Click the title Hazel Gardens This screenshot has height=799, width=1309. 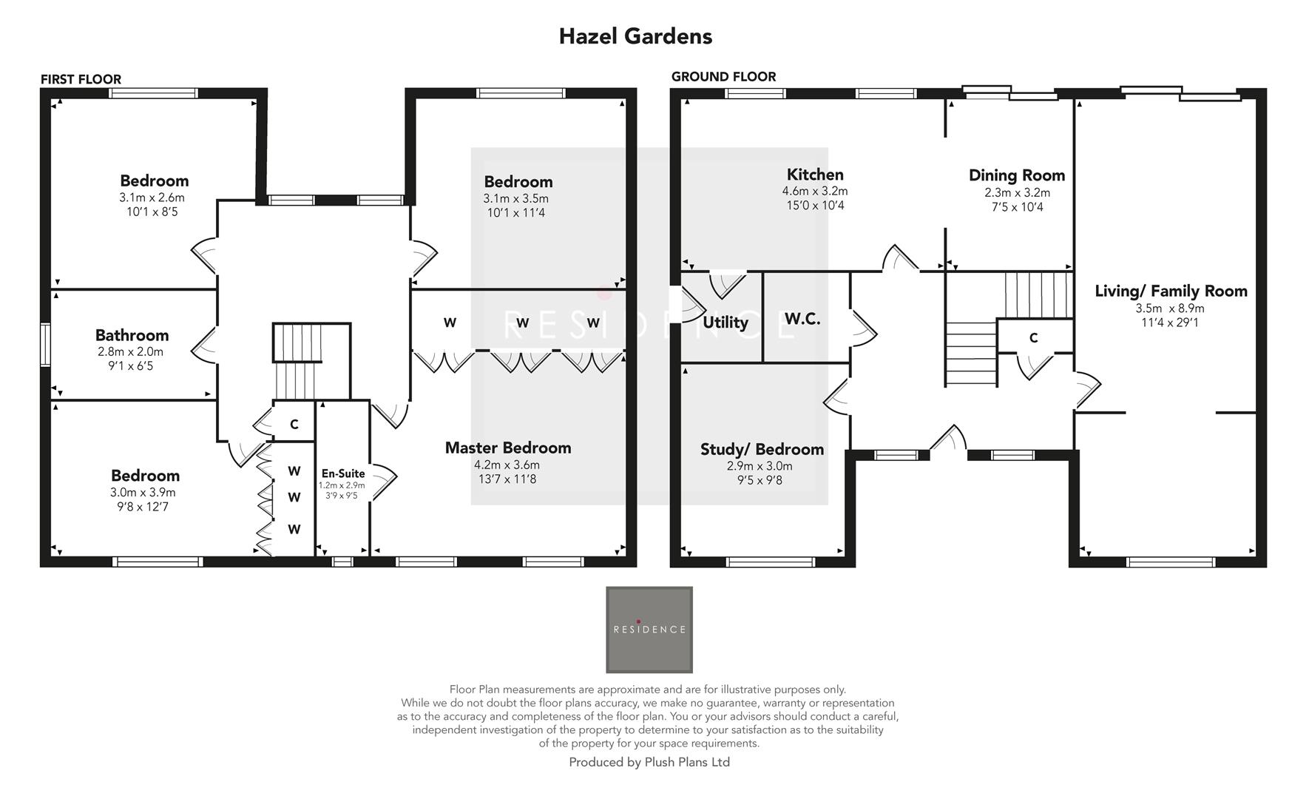tap(635, 36)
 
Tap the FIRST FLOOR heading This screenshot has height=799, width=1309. tap(81, 79)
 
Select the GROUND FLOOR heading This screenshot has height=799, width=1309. tap(723, 76)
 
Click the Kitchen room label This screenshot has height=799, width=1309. tap(814, 175)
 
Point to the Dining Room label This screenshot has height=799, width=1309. tap(1017, 175)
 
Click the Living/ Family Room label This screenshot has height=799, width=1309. tap(1170, 291)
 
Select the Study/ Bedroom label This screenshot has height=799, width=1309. tap(761, 449)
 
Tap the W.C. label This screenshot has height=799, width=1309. tap(802, 319)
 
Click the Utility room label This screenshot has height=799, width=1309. tap(725, 323)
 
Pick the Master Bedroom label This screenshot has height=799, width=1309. tap(507, 448)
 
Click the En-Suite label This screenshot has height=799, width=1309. tap(342, 473)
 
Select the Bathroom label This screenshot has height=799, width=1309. tap(132, 335)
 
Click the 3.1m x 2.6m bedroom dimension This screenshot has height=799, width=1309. tap(152, 198)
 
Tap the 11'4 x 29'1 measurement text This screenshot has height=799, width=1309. tap(1169, 322)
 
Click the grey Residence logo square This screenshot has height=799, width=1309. tap(649, 630)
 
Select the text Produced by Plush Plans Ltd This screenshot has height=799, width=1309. tap(649, 762)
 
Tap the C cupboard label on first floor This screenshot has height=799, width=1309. tap(294, 425)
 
